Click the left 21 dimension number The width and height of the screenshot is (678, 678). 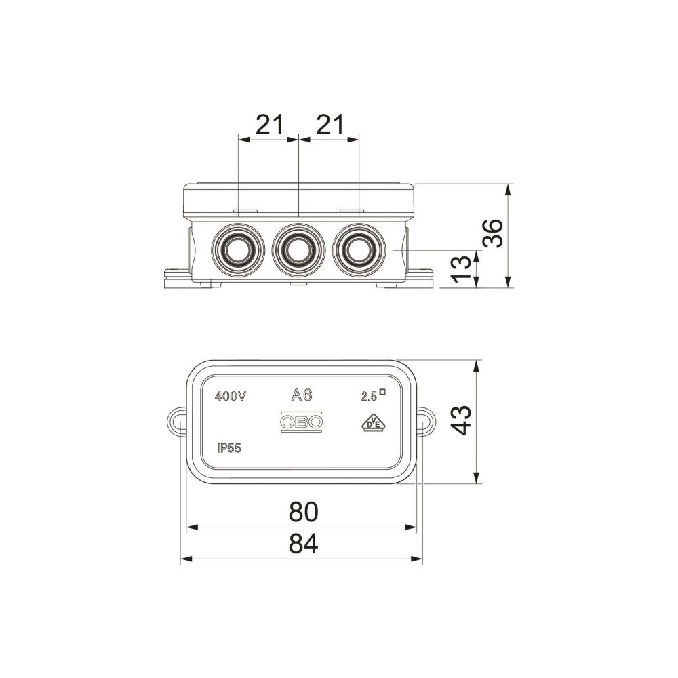(270, 125)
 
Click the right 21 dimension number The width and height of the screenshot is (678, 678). (331, 125)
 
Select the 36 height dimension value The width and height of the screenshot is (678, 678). (494, 233)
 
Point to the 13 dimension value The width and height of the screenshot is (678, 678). (461, 269)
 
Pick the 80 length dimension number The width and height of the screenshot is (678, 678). (303, 511)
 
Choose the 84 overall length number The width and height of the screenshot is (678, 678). (303, 544)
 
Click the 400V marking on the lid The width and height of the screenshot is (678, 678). (231, 396)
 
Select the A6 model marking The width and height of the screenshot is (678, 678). (302, 395)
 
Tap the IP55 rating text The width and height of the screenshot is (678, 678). (229, 449)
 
